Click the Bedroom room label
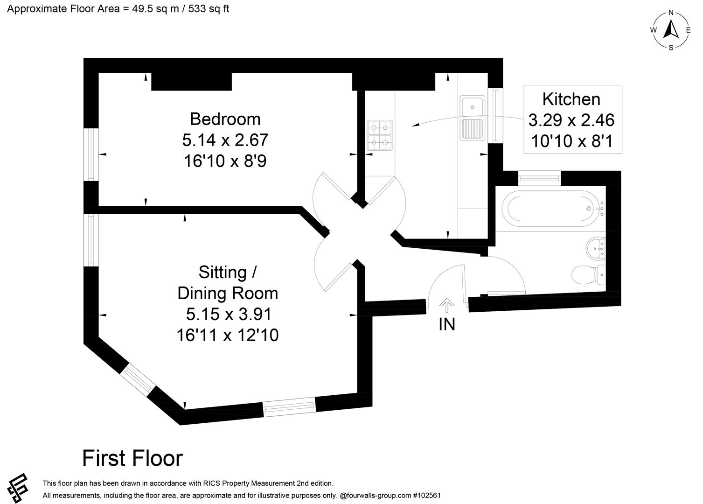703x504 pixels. [225, 119]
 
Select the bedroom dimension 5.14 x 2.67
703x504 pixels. [225, 140]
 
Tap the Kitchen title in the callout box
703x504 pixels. [571, 99]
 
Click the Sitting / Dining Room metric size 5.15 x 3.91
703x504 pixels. [228, 314]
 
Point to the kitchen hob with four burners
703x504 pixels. [379, 135]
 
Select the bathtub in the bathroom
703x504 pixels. [550, 209]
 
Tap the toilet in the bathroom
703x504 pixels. [589, 275]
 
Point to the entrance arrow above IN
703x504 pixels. [446, 305]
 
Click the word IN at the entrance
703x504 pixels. [446, 324]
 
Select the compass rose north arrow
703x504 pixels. [671, 29]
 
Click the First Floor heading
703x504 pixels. [132, 458]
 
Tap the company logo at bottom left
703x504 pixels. [17, 488]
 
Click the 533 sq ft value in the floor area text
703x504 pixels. [209, 8]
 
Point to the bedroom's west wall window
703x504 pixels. [91, 154]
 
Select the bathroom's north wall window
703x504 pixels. [539, 178]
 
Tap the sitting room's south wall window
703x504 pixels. [289, 407]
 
